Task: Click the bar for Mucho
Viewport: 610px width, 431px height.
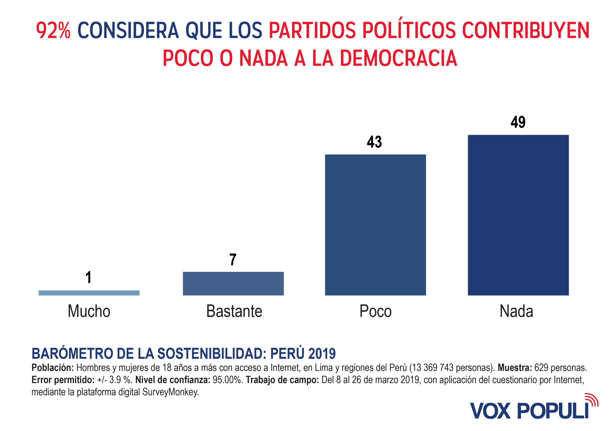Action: point(89,293)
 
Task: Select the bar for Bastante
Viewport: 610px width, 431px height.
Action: point(233,283)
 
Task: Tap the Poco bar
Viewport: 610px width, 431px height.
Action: point(375,225)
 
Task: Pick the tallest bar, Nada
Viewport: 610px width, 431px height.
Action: point(518,215)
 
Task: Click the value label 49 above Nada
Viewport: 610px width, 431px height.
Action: point(518,122)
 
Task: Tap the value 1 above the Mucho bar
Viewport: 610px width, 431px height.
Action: point(89,277)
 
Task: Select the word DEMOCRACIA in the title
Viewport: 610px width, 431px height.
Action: point(399,58)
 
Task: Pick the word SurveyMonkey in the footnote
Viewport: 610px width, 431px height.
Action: point(170,392)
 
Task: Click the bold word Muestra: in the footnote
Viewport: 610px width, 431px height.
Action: point(515,368)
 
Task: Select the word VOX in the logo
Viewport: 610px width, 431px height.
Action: point(490,411)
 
